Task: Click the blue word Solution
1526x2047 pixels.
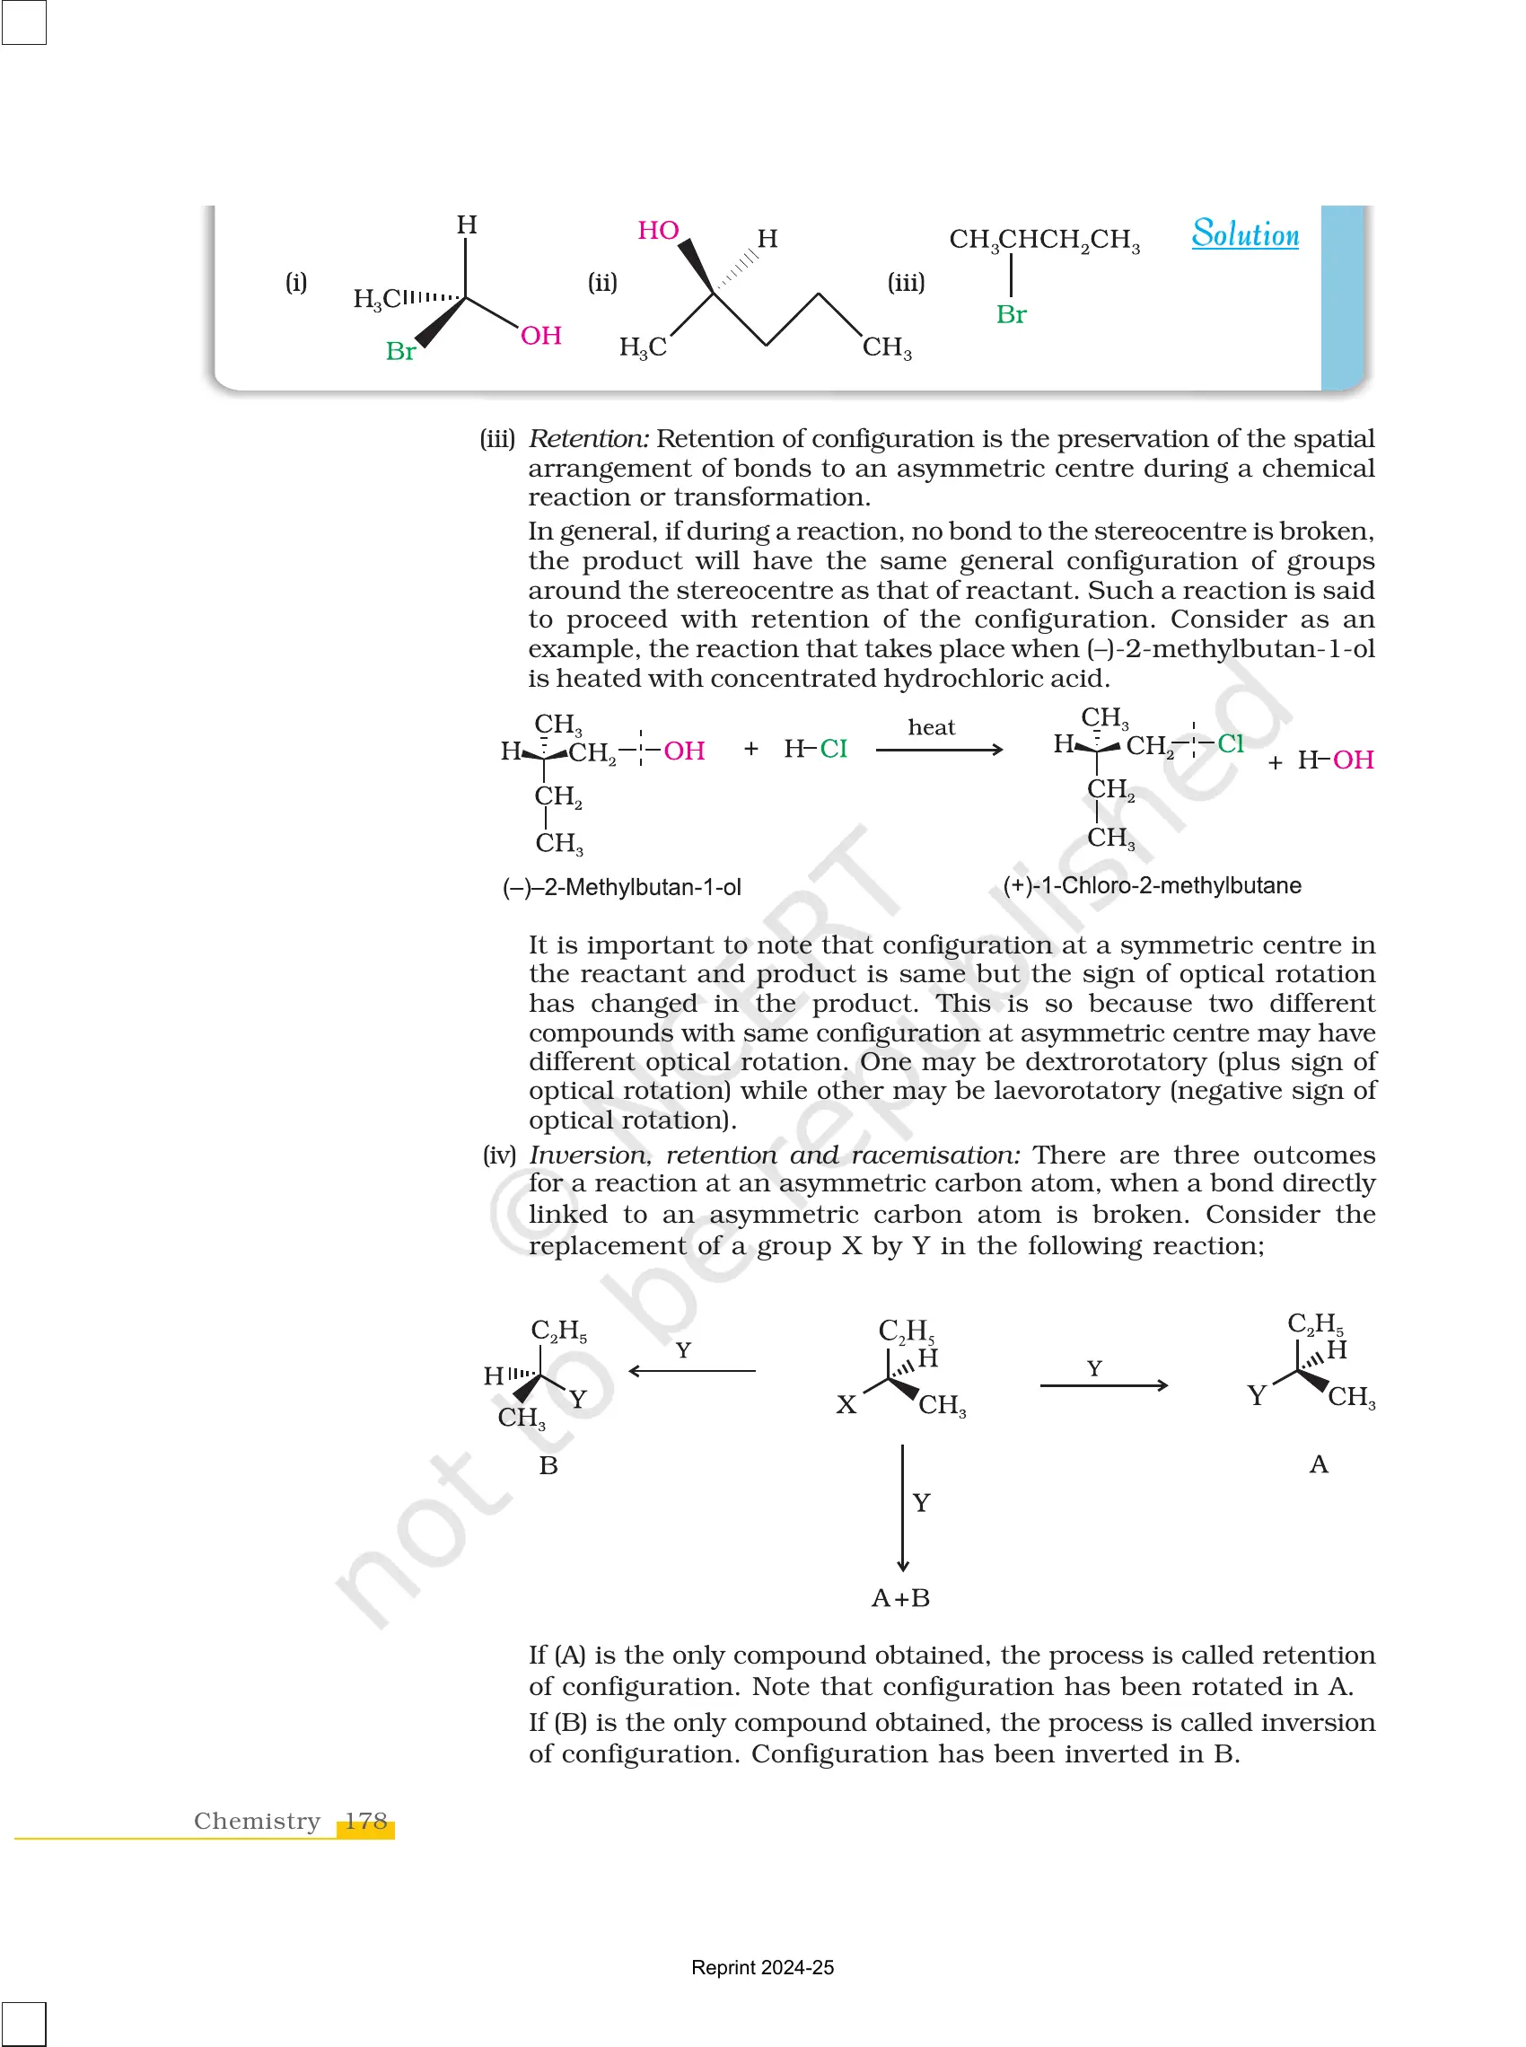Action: coord(1244,234)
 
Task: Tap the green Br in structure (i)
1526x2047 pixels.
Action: coord(400,352)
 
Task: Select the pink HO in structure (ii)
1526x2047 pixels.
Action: coord(658,231)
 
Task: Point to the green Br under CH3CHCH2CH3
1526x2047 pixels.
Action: coord(1012,315)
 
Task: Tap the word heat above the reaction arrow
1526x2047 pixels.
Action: coord(931,728)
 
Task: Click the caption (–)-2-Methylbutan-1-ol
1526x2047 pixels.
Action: coord(622,888)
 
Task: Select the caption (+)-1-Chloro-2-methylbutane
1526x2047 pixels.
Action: coord(1152,886)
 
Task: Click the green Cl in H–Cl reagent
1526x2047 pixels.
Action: coord(833,749)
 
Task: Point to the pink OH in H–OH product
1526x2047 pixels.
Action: coord(1354,760)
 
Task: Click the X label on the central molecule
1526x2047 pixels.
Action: coord(846,1405)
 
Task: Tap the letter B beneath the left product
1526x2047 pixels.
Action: coord(548,1466)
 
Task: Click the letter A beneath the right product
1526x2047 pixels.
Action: coord(1319,1464)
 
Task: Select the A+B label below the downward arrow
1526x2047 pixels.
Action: coord(900,1598)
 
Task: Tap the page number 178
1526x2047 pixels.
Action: coord(366,1821)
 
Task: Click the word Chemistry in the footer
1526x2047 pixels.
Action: coord(257,1821)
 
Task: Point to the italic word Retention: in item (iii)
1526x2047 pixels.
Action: coord(590,439)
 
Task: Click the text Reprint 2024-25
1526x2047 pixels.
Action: coord(762,1968)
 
